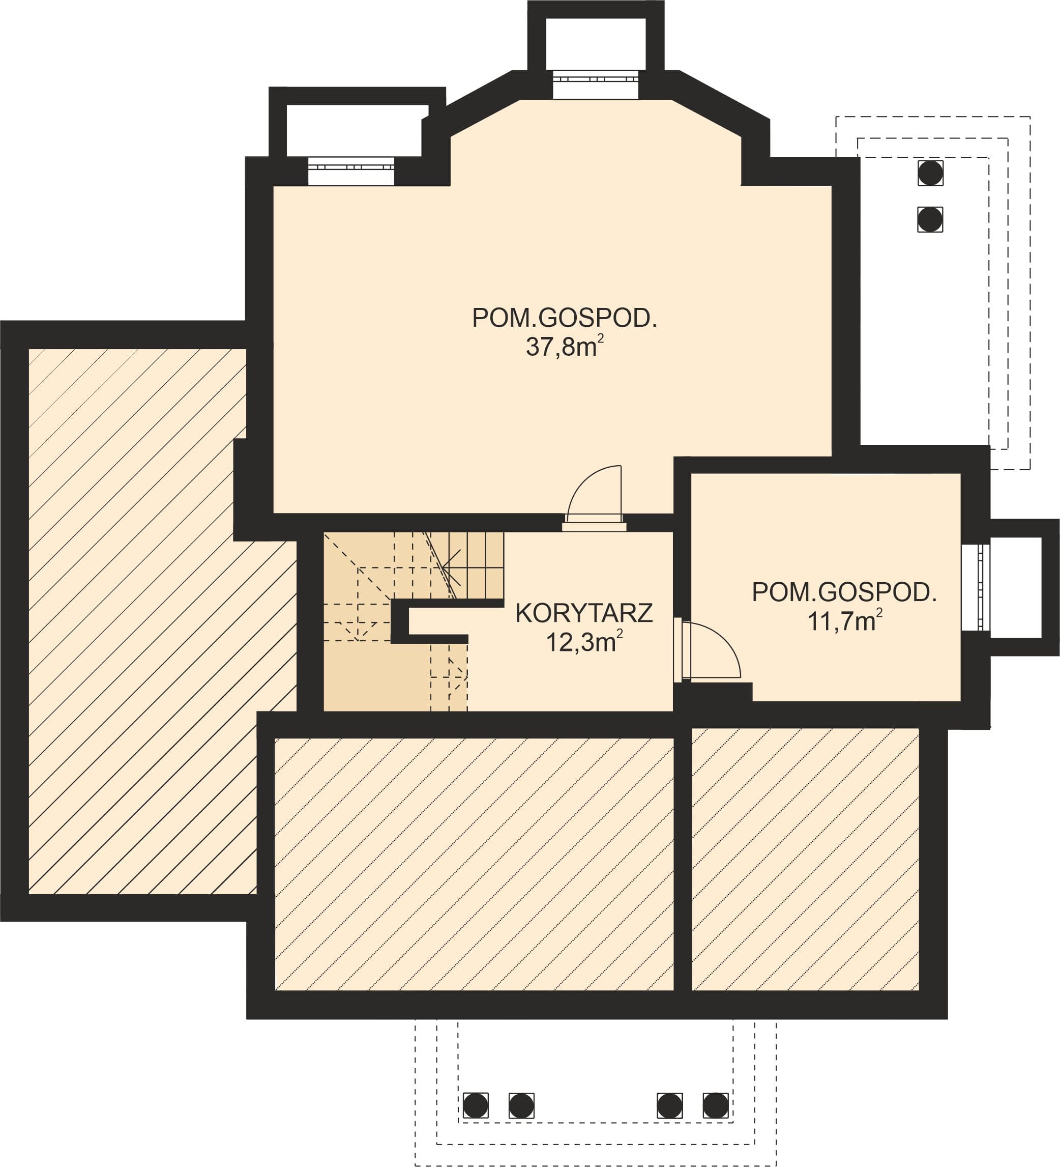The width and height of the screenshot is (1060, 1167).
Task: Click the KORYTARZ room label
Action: tap(584, 614)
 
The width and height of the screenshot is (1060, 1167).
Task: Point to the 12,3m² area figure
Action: tap(584, 641)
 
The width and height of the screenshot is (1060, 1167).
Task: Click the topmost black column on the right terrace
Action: tap(930, 173)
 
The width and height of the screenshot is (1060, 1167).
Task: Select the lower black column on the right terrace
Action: tap(930, 219)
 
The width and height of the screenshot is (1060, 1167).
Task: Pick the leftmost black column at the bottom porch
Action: tap(476, 1105)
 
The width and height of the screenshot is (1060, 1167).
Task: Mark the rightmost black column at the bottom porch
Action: tap(716, 1105)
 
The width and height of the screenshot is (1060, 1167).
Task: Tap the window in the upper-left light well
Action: tap(350, 172)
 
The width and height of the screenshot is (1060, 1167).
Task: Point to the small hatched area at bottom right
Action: tap(805, 859)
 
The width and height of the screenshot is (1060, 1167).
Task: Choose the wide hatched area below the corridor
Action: tap(474, 864)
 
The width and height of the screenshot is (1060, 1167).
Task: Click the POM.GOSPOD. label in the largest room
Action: tap(565, 318)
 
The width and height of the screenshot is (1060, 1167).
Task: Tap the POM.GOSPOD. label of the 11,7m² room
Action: tap(844, 592)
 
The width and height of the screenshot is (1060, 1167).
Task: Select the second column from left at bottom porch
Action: tap(521, 1105)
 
